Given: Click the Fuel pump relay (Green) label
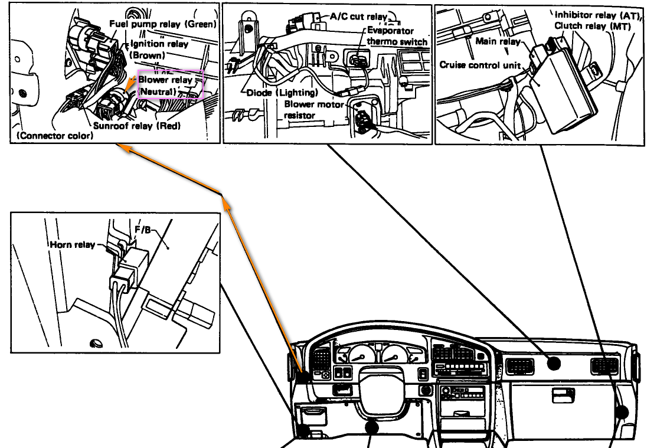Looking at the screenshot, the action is [163, 24].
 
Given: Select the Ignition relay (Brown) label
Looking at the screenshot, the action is [159, 49].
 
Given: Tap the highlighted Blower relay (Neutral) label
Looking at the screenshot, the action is [165, 85].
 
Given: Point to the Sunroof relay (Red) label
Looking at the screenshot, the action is [136, 125].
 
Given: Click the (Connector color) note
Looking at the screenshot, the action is [55, 135].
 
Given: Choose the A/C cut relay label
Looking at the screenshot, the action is [359, 17].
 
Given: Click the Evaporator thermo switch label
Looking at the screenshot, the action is [396, 36].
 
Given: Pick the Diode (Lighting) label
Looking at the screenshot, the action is [282, 93].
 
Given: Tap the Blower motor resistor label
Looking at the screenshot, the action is [314, 109].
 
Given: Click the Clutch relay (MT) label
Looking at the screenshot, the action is [593, 26].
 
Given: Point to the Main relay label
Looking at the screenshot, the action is [498, 41].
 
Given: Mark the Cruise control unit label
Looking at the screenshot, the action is [480, 65].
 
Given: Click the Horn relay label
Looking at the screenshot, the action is [72, 244].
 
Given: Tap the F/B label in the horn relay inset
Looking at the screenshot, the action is [142, 230].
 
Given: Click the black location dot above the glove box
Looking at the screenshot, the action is [554, 364].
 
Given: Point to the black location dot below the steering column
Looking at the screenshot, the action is [372, 427].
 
